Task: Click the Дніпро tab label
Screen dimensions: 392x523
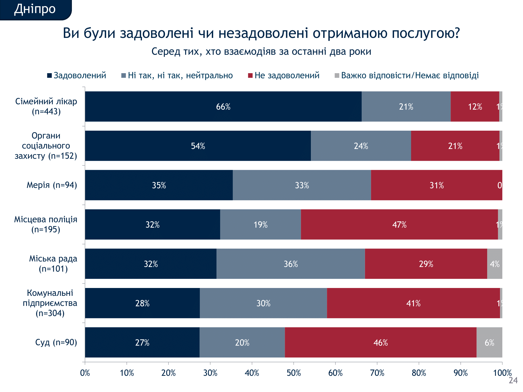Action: pyautogui.click(x=35, y=9)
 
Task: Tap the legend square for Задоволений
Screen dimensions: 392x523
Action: pyautogui.click(x=49, y=76)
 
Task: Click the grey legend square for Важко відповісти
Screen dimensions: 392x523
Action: pyautogui.click(x=337, y=76)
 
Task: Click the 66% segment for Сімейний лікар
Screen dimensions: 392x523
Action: pyautogui.click(x=223, y=107)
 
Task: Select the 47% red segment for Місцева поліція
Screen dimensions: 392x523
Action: pyautogui.click(x=399, y=224)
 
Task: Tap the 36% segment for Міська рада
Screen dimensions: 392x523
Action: pyautogui.click(x=291, y=264)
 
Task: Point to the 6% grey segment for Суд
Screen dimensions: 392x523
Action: pyautogui.click(x=489, y=342)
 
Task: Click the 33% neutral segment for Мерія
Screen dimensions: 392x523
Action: pyautogui.click(x=302, y=185)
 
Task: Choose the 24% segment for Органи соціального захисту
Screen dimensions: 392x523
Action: pyautogui.click(x=361, y=146)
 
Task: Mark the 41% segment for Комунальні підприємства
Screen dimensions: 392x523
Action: pyautogui.click(x=413, y=303)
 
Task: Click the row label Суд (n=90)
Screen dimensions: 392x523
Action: pyautogui.click(x=56, y=342)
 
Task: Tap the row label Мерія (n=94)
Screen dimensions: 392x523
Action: pyautogui.click(x=52, y=185)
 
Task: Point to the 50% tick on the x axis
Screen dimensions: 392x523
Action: pyautogui.click(x=294, y=362)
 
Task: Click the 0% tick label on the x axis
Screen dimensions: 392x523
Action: pyautogui.click(x=85, y=373)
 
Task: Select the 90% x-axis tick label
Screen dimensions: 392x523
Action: pyautogui.click(x=461, y=373)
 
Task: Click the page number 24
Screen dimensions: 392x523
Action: pyautogui.click(x=513, y=380)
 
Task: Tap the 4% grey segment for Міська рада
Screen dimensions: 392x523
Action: pyautogui.click(x=494, y=264)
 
